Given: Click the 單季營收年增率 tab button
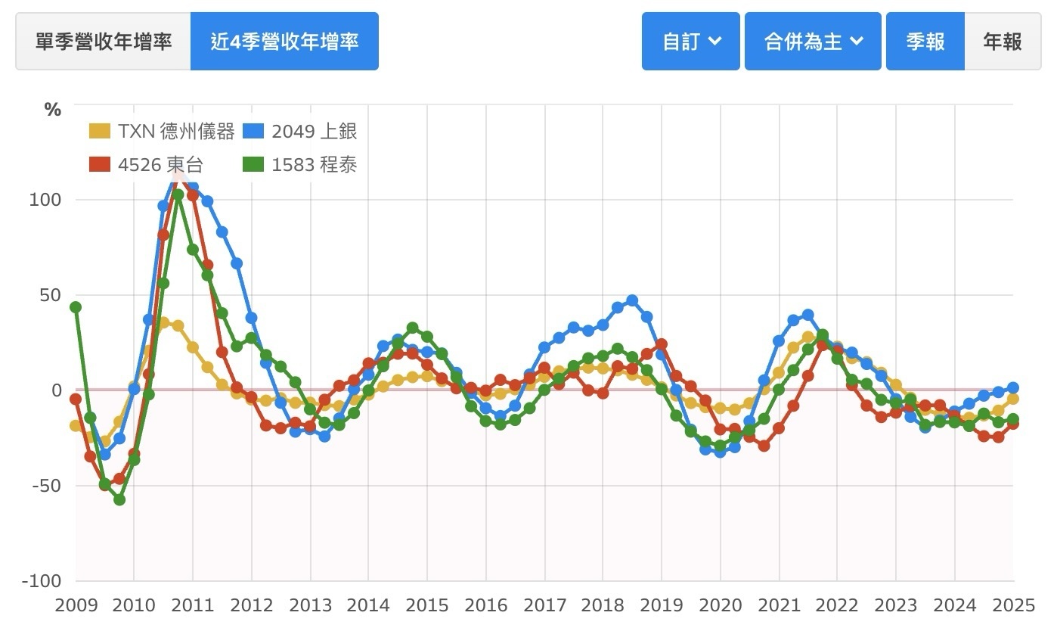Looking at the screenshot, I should [104, 41].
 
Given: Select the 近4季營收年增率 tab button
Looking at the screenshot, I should [284, 41].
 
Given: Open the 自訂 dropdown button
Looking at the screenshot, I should [690, 41].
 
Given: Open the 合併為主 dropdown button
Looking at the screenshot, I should [813, 41].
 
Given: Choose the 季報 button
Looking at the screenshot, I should [925, 41].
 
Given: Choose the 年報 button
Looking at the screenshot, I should [1003, 41].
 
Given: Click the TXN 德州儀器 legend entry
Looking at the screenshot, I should [162, 131].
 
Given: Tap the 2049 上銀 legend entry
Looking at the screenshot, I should [300, 131].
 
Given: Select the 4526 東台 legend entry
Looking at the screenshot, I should [147, 163].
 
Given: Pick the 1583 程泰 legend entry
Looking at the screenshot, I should [300, 163].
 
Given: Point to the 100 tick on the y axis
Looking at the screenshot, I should [46, 200].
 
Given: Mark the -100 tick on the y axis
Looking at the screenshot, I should [42, 581].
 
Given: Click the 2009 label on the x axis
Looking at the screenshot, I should [76, 605].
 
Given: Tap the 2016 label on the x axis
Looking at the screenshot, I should [485, 605].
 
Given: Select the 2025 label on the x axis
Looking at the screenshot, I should [1013, 605].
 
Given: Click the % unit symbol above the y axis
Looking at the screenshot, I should [52, 110].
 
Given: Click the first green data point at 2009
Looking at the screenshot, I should [76, 307].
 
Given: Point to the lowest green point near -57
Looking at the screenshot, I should [119, 499].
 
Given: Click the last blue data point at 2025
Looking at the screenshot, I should [1013, 388].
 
